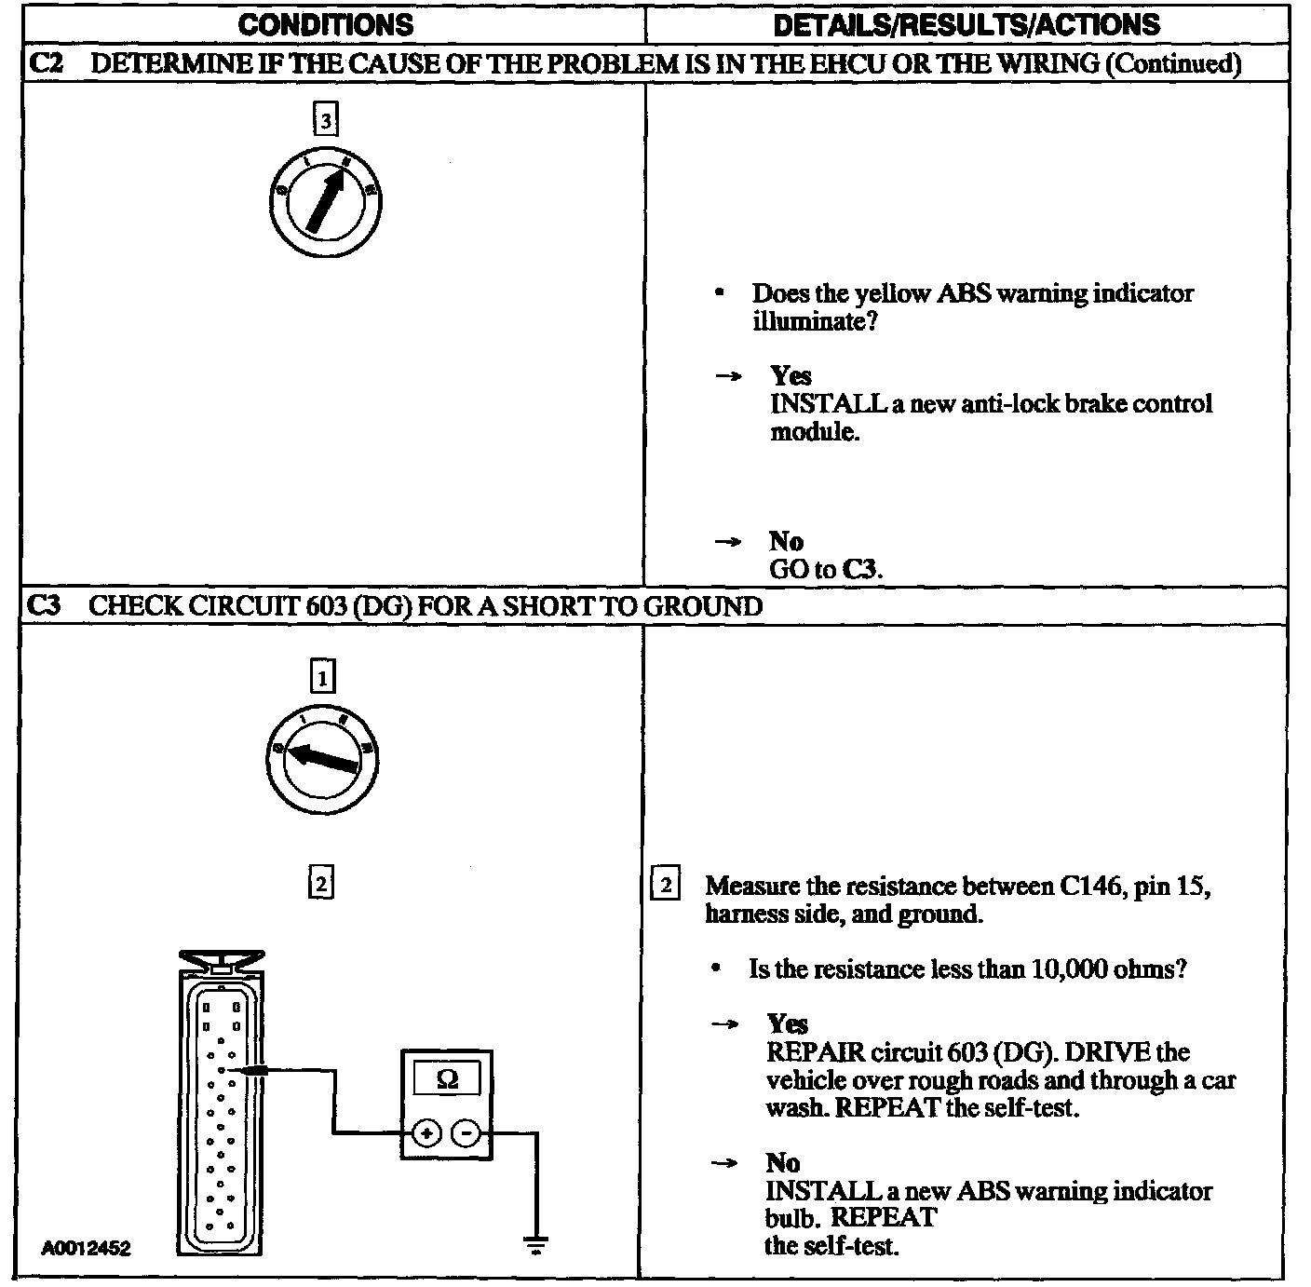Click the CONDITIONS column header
coord(325,25)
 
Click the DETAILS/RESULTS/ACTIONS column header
coord(966,25)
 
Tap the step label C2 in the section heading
coord(45,64)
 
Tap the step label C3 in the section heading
coord(44,606)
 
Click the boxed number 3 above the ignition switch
coord(324,120)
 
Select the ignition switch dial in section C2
coord(325,202)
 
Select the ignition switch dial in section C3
coord(323,756)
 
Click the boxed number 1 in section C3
coord(322,677)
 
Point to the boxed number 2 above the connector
coord(320,882)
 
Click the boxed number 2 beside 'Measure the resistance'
coord(665,884)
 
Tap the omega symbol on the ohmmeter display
coord(447,1079)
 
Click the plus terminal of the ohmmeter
coord(426,1133)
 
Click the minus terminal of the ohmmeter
coord(466,1133)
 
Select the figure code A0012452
coord(86,1248)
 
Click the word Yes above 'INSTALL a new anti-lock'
coord(791,375)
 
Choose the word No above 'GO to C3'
coord(786,541)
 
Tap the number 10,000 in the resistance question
coord(1068,969)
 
